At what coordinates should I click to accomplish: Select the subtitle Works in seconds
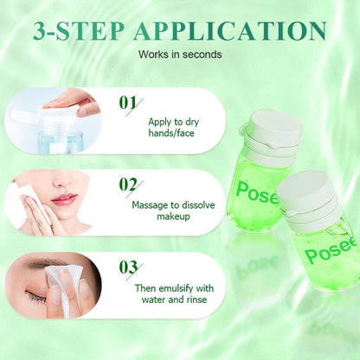tap(180, 55)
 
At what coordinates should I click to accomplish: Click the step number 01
tap(129, 104)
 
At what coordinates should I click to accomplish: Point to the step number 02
tap(129, 183)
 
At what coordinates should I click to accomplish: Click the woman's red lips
tap(64, 199)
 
